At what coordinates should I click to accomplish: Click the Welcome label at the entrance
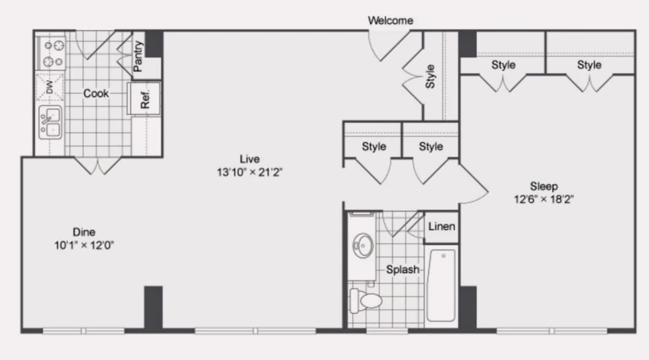(x=390, y=21)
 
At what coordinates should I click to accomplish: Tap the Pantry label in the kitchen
(x=138, y=56)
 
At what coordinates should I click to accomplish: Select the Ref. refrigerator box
(x=144, y=99)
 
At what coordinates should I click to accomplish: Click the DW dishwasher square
(x=50, y=87)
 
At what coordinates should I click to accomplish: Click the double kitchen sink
(x=50, y=122)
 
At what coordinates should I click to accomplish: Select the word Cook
(x=96, y=94)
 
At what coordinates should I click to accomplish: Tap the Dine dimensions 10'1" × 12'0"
(x=84, y=245)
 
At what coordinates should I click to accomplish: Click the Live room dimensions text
(x=249, y=172)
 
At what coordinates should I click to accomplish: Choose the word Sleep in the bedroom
(x=544, y=186)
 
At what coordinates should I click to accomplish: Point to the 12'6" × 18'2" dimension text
(x=544, y=199)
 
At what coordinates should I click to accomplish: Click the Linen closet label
(x=441, y=226)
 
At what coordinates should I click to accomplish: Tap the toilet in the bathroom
(x=366, y=301)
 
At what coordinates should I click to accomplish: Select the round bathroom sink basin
(x=363, y=245)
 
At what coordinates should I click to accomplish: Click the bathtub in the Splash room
(x=441, y=285)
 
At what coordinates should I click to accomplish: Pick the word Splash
(x=403, y=270)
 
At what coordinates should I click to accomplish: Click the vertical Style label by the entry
(x=431, y=76)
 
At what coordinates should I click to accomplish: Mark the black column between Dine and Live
(x=153, y=308)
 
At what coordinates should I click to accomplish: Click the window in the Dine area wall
(x=83, y=331)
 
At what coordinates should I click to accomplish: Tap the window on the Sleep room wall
(x=552, y=331)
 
